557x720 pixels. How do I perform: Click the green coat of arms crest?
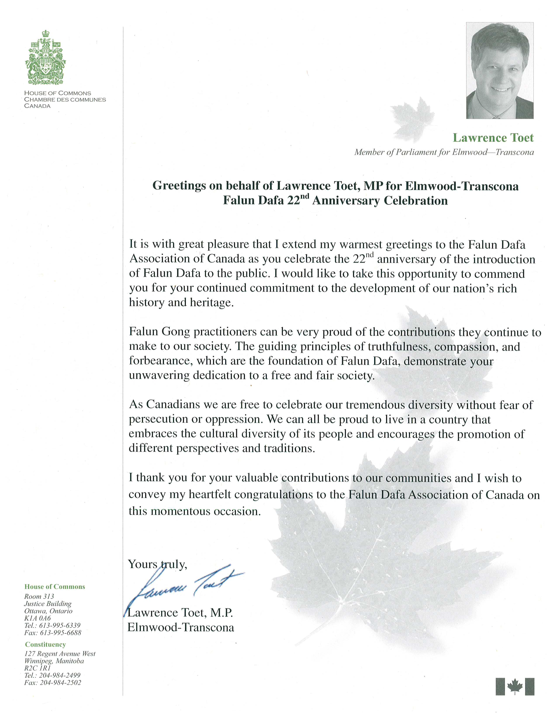click(45, 58)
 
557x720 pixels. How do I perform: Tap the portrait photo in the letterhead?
click(500, 70)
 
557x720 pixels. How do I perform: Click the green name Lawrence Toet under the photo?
click(493, 138)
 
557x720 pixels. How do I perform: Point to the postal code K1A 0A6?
click(37, 618)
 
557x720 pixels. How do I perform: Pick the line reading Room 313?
click(39, 596)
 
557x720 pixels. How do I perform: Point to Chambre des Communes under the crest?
click(65, 99)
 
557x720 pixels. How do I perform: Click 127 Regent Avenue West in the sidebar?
click(60, 654)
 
